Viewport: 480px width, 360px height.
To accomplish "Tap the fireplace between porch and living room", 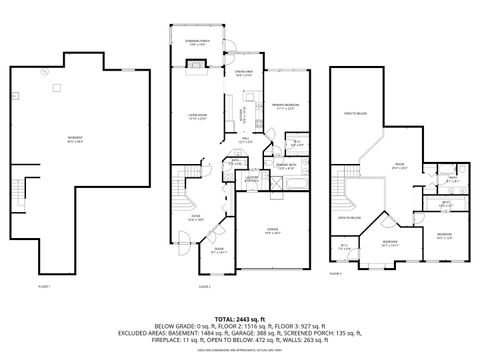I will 197,70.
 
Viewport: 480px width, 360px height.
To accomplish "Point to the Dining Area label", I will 243,73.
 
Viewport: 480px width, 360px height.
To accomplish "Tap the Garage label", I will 272,231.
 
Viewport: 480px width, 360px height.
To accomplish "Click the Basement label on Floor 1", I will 46,139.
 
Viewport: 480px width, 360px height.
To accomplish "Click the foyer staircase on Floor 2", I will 177,186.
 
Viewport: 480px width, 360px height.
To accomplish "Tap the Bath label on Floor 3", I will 451,177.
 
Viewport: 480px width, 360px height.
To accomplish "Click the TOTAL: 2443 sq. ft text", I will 240,317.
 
